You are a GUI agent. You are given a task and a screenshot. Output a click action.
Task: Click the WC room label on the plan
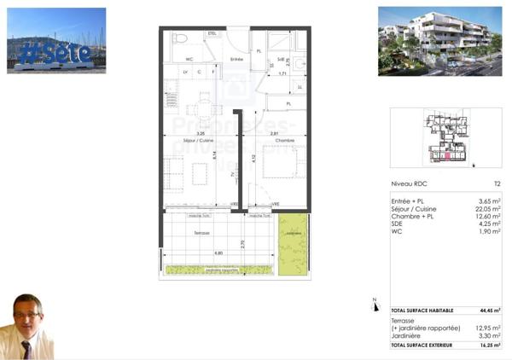pyautogui.click(x=190, y=59)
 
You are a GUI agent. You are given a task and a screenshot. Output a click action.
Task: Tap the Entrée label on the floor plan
pyautogui.click(x=236, y=59)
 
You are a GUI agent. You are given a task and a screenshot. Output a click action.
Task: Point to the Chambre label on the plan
pyautogui.click(x=273, y=140)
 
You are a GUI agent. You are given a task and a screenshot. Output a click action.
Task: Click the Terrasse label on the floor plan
pyautogui.click(x=201, y=232)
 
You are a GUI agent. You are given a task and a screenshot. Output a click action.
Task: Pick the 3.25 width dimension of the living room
pyautogui.click(x=200, y=134)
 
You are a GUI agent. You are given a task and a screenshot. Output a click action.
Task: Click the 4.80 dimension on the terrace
pyautogui.click(x=218, y=253)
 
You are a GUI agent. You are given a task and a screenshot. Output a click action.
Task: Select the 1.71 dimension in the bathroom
pyautogui.click(x=283, y=74)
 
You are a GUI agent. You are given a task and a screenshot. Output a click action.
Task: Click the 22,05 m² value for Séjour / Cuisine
pyautogui.click(x=487, y=208)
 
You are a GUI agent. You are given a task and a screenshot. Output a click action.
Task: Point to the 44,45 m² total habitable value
pyautogui.click(x=487, y=311)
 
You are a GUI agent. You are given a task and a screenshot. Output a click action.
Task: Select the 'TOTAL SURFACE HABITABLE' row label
pyautogui.click(x=422, y=311)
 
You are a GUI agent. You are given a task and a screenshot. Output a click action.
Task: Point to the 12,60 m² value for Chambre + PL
pyautogui.click(x=487, y=215)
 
